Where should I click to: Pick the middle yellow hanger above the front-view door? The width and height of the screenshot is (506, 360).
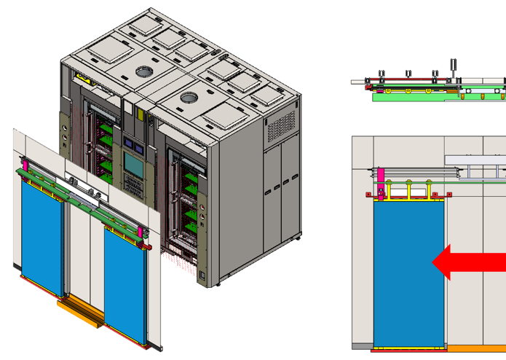coord(411,190)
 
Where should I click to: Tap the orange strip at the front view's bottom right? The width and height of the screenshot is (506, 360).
coord(477,349)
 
